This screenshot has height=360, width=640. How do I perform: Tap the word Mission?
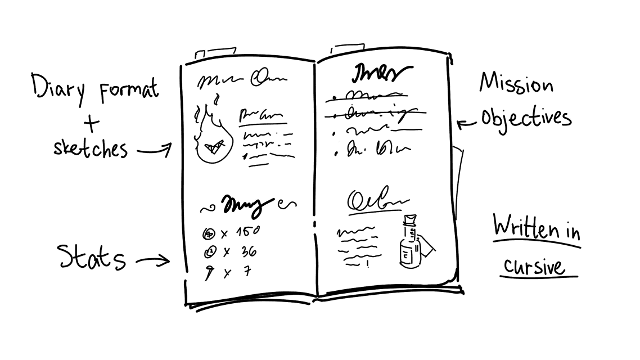(516, 85)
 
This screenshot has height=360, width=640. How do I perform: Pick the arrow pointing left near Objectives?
(465, 123)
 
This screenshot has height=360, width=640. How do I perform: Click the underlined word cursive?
(534, 265)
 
